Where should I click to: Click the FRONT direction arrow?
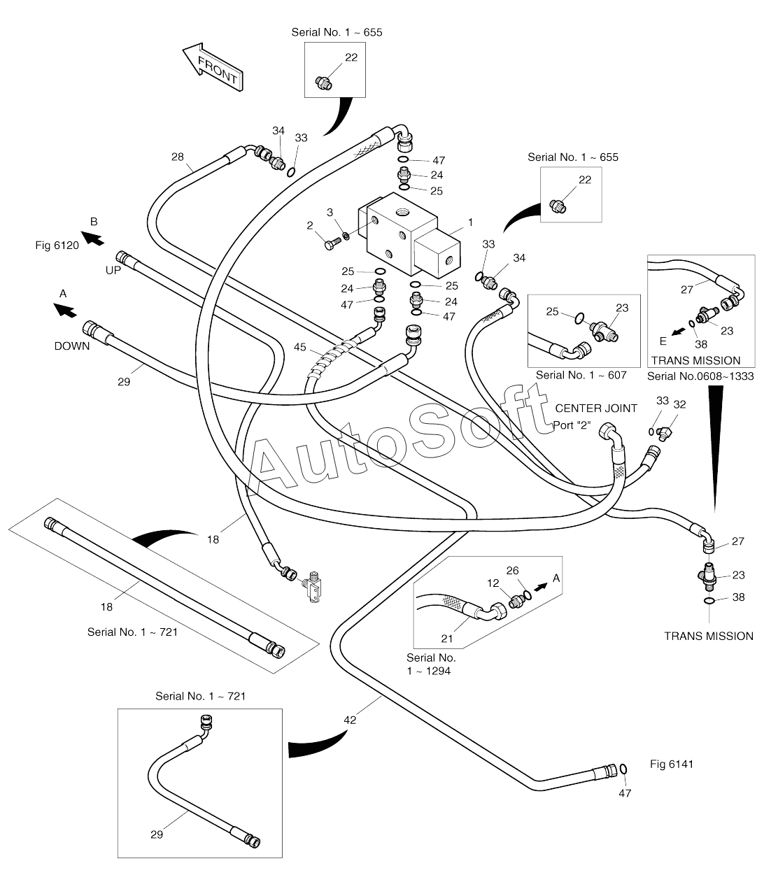pos(213,67)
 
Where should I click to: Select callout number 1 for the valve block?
pos(470,222)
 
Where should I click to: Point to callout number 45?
pos(299,347)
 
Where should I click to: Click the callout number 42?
pos(350,719)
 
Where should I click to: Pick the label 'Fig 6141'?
pos(671,764)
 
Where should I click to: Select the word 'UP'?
pos(113,270)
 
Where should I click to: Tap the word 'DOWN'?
pos(72,346)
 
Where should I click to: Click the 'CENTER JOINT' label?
pos(596,408)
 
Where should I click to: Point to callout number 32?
pos(679,404)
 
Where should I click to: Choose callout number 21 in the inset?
pos(447,638)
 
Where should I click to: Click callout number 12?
pos(493,582)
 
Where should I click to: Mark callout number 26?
pos(513,570)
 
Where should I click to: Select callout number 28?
pos(178,157)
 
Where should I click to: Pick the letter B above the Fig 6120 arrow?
pos(94,222)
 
